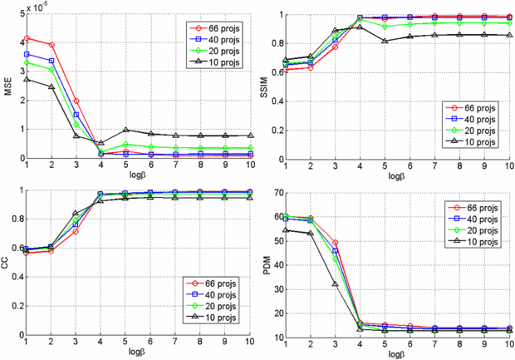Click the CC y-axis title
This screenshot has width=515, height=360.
[x=7, y=261]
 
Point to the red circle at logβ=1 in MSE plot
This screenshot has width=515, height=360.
[x=27, y=38]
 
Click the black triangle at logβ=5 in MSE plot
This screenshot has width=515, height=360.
[x=125, y=130]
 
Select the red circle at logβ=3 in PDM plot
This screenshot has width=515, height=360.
[x=336, y=243]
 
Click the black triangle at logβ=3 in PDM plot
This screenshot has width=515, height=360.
[x=336, y=284]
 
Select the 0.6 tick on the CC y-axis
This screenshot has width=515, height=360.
[x=16, y=249]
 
